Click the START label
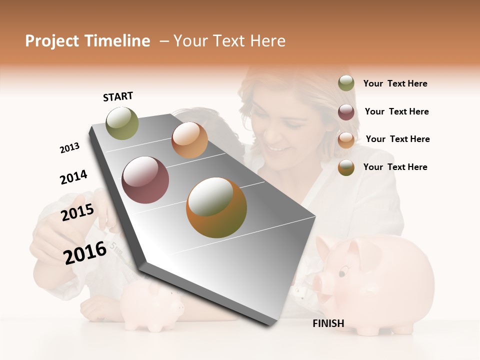tap(118, 96)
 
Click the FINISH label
tap(328, 323)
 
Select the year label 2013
tap(69, 148)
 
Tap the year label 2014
tap(73, 177)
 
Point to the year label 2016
tap(85, 252)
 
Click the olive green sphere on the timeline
tap(122, 123)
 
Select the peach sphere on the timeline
tap(189, 140)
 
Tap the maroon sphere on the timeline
tap(145, 180)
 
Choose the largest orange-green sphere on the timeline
tap(216, 207)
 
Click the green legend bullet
tap(346, 83)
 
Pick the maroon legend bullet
tap(346, 111)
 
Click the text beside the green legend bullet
tap(395, 83)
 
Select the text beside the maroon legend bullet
tap(396, 111)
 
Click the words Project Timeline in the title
tap(87, 41)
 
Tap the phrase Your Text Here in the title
tap(229, 41)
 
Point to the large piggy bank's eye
tap(342, 273)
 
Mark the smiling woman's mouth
tap(276, 148)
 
